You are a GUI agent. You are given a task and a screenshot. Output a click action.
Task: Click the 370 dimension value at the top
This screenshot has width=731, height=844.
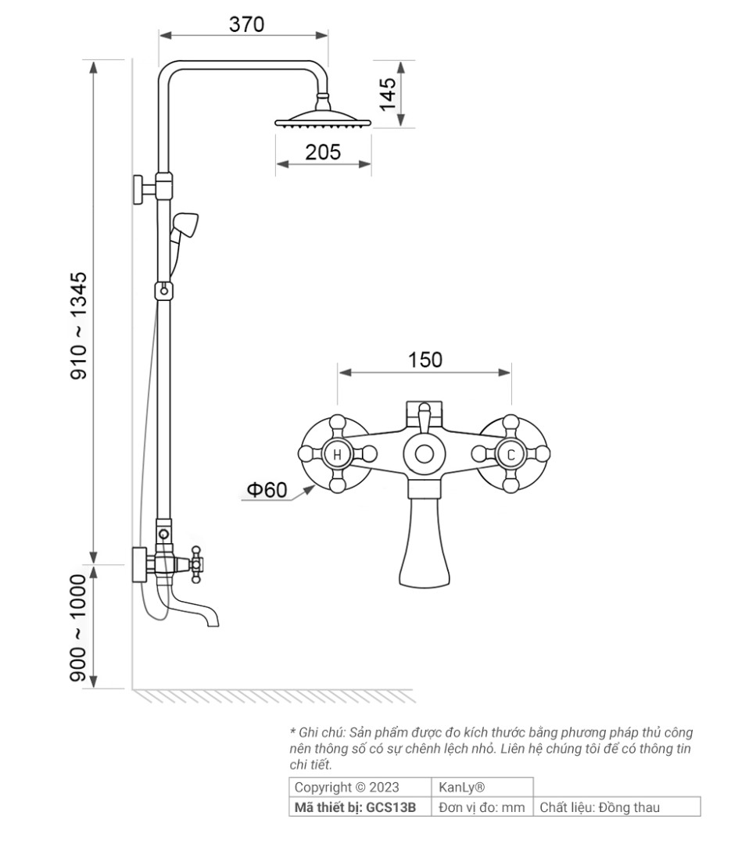pos(247,24)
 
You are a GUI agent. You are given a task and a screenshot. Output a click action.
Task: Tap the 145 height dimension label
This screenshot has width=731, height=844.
pos(387,95)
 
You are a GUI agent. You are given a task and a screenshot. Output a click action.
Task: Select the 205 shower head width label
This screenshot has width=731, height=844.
pos(323,152)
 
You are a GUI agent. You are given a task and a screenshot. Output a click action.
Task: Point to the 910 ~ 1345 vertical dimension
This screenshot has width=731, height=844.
pos(79,325)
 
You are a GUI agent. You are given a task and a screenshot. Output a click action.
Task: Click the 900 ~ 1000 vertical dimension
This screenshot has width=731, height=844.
pos(79,628)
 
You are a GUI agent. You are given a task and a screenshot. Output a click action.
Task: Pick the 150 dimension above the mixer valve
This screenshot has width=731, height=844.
pos(425,359)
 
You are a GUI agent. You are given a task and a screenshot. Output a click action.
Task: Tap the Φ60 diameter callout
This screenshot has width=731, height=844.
pos(267,490)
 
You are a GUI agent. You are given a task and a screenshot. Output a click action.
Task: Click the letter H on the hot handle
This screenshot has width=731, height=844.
pos(337,454)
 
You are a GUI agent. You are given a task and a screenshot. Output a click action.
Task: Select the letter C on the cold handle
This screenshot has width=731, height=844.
pos(511,454)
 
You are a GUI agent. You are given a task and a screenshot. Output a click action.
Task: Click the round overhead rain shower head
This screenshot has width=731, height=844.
pos(323,119)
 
